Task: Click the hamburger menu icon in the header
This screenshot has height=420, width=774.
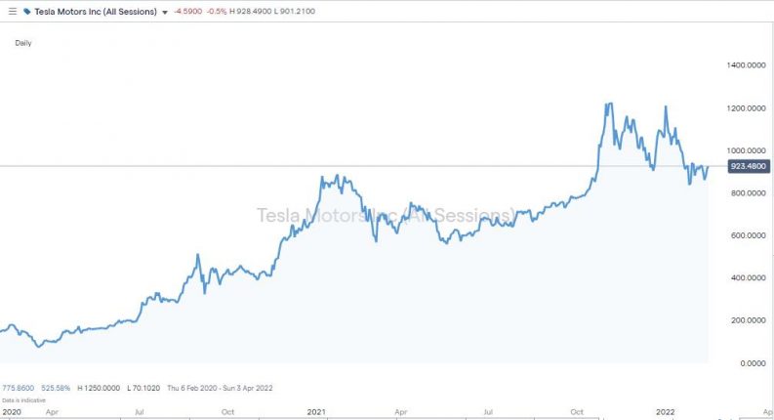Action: (x=12, y=12)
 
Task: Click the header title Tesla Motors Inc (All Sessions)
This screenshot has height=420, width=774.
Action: (x=97, y=12)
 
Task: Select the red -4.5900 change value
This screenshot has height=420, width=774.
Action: (x=187, y=12)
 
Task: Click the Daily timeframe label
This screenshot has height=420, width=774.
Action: (x=23, y=43)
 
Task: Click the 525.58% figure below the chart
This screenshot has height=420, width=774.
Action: (x=57, y=388)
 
